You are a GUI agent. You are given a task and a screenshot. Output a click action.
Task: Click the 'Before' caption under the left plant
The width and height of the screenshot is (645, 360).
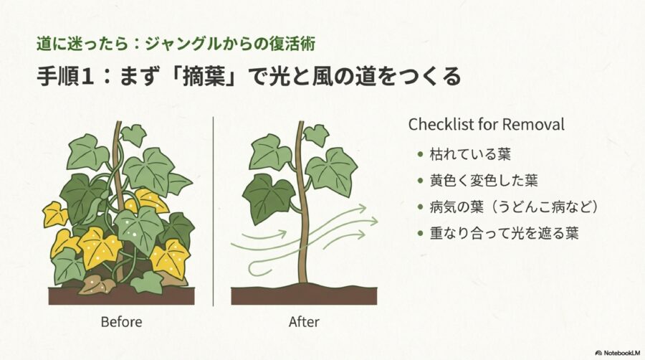coord(121,322)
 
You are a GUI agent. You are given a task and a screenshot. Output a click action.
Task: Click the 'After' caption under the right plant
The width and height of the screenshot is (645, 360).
coord(303,322)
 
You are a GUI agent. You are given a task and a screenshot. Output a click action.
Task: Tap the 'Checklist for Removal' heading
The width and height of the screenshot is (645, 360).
coord(486,124)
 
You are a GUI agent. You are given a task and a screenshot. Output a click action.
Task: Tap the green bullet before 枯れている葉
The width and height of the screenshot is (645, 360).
coord(420,155)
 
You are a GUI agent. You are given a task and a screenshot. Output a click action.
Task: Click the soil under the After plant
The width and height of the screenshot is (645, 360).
coord(305,294)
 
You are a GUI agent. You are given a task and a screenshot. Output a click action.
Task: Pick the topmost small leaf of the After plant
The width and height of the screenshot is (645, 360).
coord(315,134)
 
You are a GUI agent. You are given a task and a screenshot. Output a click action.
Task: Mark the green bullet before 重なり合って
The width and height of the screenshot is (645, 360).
coord(420,233)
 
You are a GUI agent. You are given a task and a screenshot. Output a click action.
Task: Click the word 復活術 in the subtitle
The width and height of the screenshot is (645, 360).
coord(295,42)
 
